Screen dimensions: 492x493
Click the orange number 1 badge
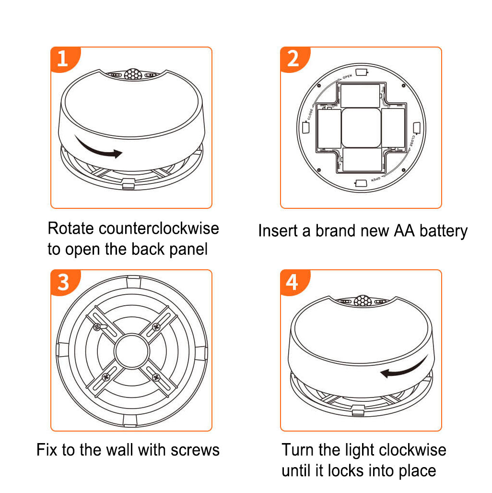(64, 59)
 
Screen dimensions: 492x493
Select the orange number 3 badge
(64, 282)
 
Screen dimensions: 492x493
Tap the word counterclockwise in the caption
(159, 228)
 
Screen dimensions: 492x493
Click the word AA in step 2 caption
(404, 231)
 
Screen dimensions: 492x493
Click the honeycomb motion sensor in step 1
(133, 74)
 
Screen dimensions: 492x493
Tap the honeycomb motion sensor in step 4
(363, 301)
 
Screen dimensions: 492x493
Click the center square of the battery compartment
(361, 128)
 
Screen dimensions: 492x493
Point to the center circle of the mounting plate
(132, 351)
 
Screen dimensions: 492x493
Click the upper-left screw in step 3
(97, 327)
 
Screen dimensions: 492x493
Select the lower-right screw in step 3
(156, 377)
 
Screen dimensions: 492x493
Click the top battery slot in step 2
(360, 96)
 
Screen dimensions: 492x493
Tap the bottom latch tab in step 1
(128, 184)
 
